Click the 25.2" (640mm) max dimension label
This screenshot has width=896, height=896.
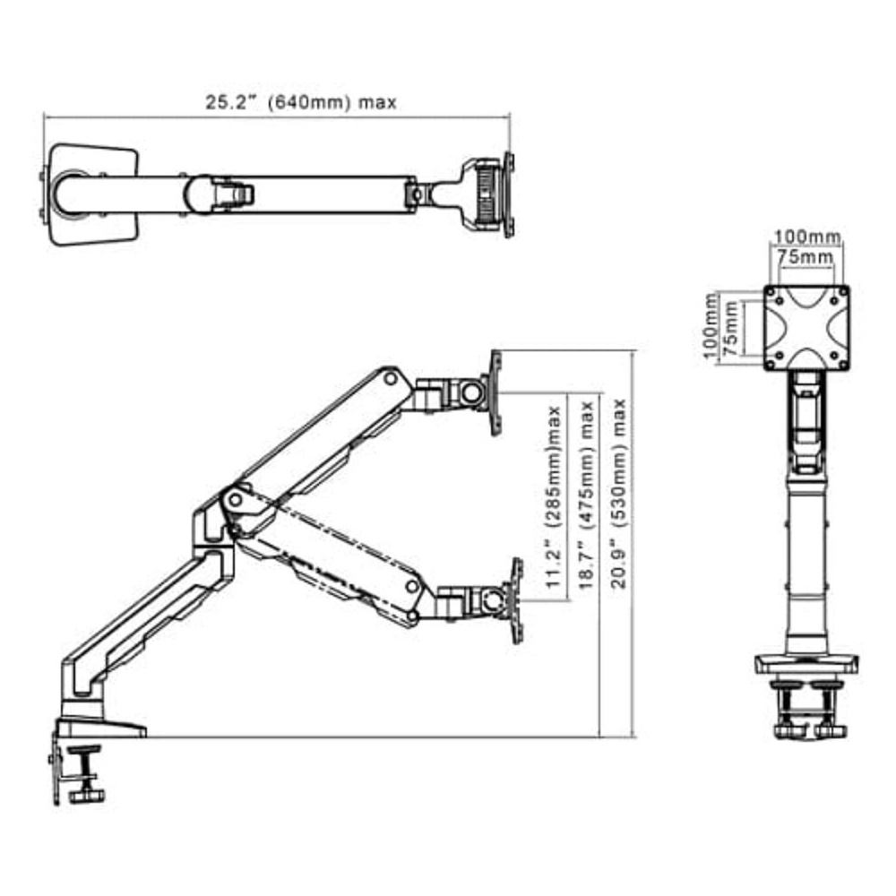(x=300, y=102)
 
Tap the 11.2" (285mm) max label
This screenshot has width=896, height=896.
(x=553, y=497)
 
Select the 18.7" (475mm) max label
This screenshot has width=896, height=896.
(x=586, y=495)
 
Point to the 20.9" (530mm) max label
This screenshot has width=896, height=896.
(x=619, y=494)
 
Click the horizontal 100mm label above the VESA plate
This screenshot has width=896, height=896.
(x=807, y=236)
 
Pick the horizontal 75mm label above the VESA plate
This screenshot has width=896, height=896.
(x=805, y=257)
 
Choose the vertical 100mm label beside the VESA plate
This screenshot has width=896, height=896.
(x=711, y=326)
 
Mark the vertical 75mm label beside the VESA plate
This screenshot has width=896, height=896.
(x=731, y=329)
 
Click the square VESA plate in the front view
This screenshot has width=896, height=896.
(x=807, y=328)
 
